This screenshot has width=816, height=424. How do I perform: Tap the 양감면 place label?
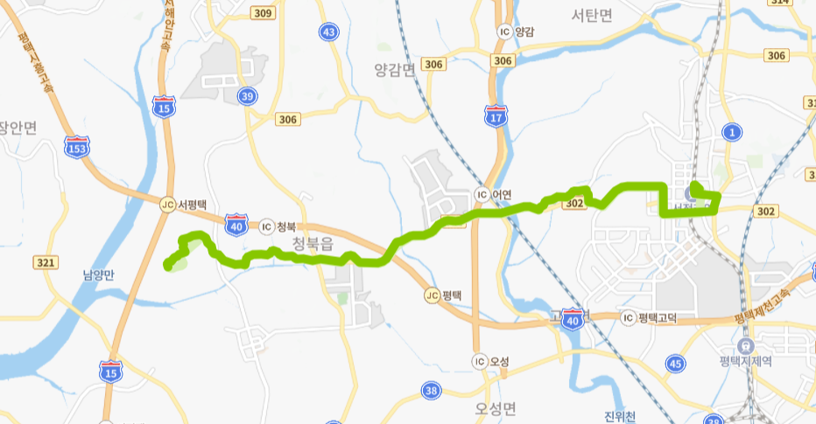point(393,70)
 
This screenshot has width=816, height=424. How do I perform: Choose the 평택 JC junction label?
point(443,295)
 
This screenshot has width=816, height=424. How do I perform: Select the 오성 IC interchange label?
point(493,361)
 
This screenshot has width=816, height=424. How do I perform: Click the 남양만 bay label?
point(99,275)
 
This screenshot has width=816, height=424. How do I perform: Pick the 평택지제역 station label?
point(745,360)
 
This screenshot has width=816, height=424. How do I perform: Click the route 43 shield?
point(328,32)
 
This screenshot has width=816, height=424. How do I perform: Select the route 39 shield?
point(249,96)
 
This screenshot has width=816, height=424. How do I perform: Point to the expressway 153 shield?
point(77,148)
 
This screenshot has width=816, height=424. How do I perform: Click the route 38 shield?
point(430,390)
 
